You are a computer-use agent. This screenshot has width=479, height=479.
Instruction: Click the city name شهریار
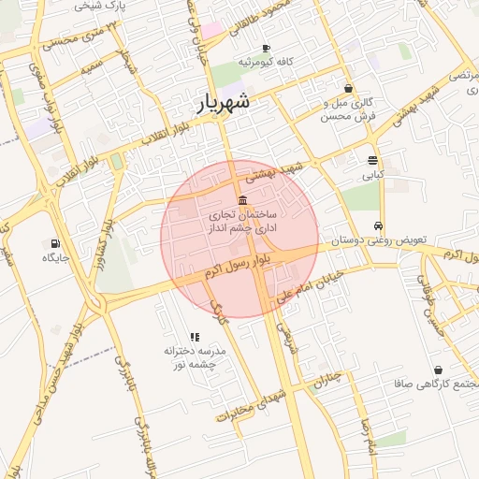[x=224, y=103]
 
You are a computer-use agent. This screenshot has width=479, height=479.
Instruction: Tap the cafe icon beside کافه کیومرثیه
[x=267, y=48]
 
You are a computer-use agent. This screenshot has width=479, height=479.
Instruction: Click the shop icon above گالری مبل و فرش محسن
[x=349, y=90]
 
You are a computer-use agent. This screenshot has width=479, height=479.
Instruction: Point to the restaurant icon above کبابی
[x=372, y=160]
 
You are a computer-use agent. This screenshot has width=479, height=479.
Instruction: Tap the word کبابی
[x=372, y=174]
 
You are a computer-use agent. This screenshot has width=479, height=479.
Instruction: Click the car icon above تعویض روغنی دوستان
[x=377, y=225]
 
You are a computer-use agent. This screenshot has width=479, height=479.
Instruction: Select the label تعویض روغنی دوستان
[x=377, y=240]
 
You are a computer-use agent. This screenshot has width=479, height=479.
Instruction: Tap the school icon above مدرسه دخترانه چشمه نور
[x=195, y=337]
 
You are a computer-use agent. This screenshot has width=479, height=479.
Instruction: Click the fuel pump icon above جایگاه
[x=51, y=241]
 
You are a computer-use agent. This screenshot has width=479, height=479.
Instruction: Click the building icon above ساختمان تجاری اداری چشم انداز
[x=242, y=200]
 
